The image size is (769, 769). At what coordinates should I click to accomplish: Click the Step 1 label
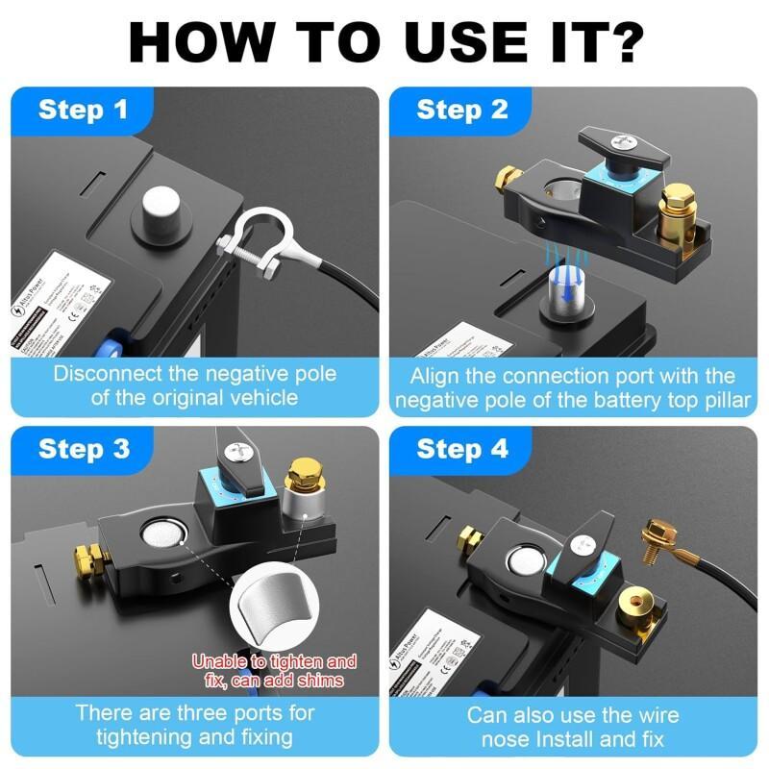83,110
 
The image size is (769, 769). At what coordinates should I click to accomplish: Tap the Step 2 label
461,110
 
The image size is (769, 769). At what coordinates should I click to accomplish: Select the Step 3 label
84,449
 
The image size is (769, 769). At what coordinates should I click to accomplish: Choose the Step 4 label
462,449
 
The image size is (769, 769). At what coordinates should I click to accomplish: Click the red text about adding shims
274,671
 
